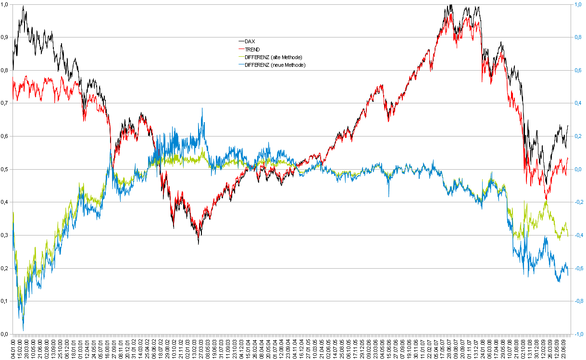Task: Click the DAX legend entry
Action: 249,42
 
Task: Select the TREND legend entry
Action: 252,50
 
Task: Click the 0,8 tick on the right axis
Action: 578,37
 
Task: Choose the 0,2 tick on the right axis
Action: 578,137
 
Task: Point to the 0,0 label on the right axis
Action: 578,169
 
